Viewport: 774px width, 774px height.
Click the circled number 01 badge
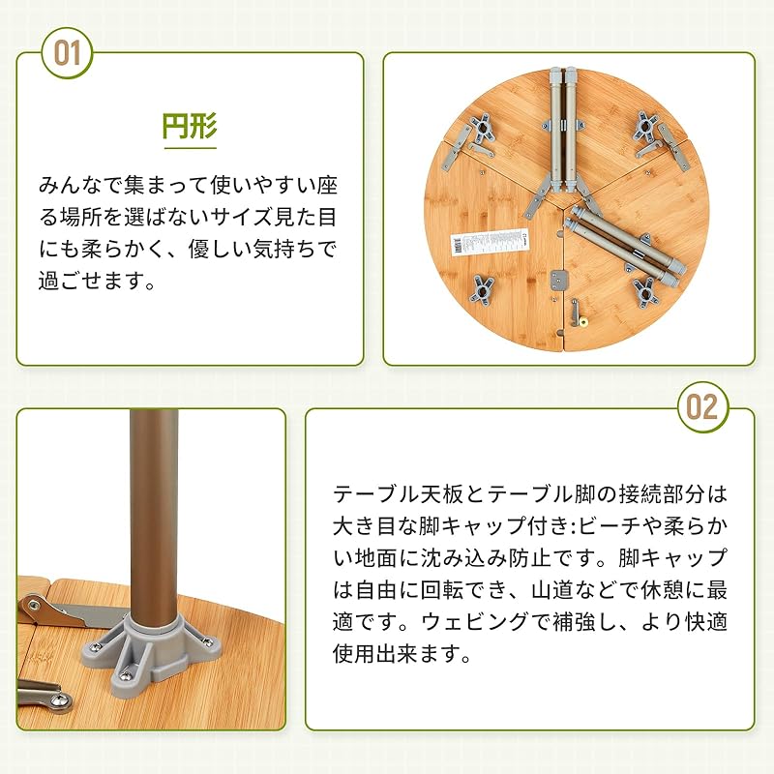(67, 53)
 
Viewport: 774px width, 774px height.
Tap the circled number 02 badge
(702, 407)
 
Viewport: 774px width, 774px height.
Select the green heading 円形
(190, 126)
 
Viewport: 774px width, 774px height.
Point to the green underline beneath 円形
(190, 147)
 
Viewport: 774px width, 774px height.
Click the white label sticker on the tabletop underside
(489, 243)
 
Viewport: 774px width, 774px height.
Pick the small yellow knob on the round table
(584, 323)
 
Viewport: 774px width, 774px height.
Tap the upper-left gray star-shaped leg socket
(482, 130)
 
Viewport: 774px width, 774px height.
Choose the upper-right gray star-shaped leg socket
(645, 127)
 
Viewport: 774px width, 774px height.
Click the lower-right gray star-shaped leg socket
(645, 292)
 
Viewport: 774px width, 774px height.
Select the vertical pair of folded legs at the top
(563, 131)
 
